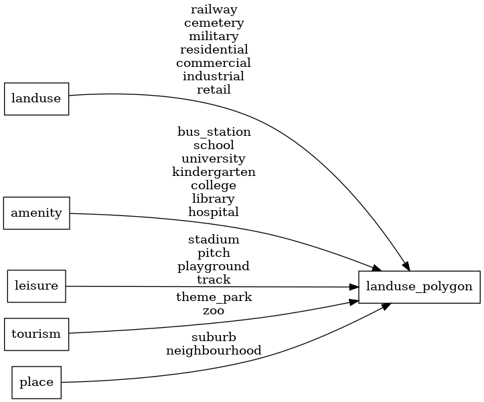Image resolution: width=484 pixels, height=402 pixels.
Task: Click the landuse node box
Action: click(x=37, y=99)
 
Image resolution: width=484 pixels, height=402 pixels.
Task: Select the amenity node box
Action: click(x=37, y=213)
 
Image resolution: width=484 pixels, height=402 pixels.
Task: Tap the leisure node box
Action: click(x=37, y=286)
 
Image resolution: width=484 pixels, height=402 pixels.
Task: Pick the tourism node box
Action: click(x=37, y=334)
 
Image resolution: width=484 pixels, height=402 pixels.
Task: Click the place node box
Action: click(x=37, y=383)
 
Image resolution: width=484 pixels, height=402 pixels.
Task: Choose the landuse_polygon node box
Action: click(x=419, y=287)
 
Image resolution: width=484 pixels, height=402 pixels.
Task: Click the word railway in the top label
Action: click(x=214, y=9)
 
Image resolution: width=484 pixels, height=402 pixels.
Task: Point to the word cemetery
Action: click(x=214, y=23)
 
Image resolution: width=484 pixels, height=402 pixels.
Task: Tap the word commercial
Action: click(x=214, y=63)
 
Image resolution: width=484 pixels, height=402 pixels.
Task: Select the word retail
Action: click(x=214, y=90)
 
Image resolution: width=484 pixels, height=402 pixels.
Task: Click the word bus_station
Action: click(x=214, y=132)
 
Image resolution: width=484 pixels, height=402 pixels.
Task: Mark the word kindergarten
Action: click(x=214, y=172)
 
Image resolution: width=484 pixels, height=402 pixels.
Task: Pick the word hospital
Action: click(x=214, y=212)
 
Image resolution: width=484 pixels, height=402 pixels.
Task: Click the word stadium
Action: click(x=214, y=239)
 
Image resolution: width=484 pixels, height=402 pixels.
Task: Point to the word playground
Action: click(x=214, y=266)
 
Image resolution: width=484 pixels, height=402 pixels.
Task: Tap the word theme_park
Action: click(x=214, y=297)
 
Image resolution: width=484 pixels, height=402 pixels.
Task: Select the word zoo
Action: click(x=214, y=310)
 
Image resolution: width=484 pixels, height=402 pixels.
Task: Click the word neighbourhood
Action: click(x=214, y=350)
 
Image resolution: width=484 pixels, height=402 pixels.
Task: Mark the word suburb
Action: click(x=214, y=336)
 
